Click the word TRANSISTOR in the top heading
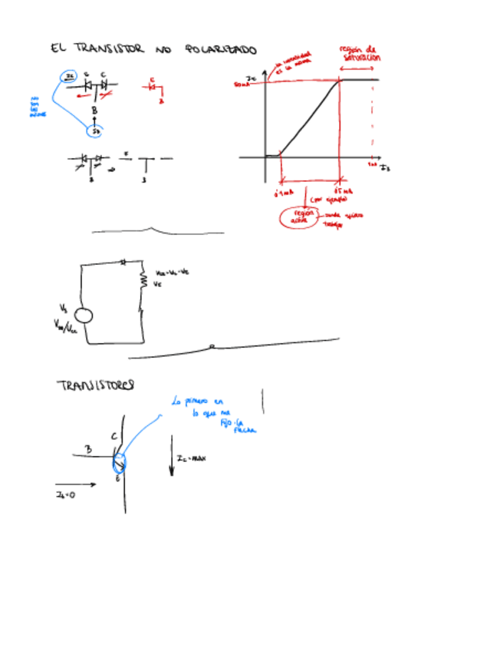[108, 48]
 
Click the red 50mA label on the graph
[243, 84]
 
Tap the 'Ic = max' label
[190, 458]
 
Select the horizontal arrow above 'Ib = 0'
[76, 484]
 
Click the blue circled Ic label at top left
[69, 77]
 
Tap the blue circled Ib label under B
[95, 132]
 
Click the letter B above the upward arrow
[94, 111]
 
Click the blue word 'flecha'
[244, 431]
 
